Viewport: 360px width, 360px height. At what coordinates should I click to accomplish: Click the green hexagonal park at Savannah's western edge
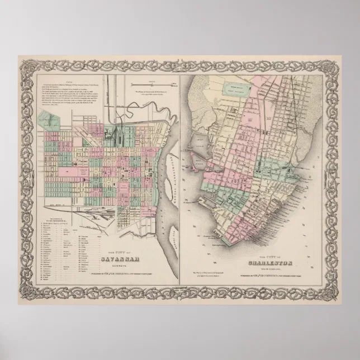(x=50, y=119)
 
